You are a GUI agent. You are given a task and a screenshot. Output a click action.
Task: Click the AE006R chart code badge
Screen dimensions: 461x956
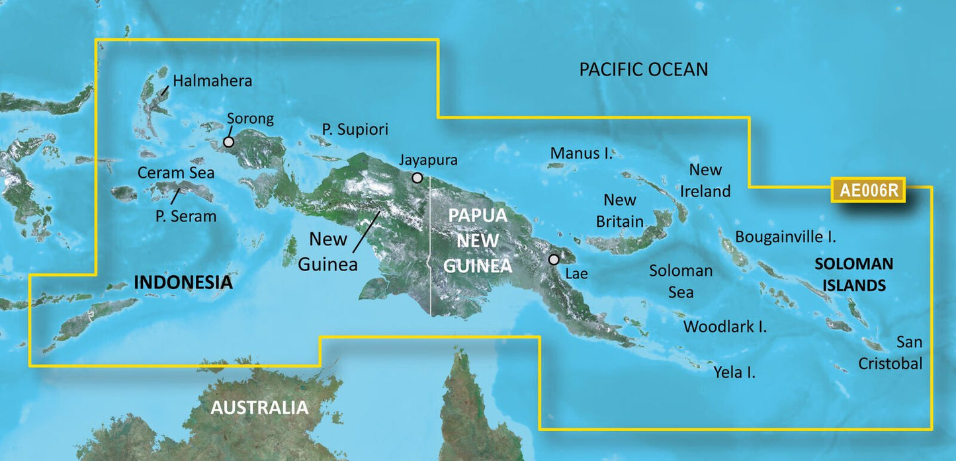(869, 190)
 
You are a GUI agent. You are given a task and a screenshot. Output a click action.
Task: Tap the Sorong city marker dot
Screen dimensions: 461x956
(228, 142)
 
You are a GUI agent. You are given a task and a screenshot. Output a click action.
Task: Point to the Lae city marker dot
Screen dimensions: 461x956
(554, 259)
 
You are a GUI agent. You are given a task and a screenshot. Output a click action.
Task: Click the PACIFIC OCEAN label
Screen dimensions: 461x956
(643, 69)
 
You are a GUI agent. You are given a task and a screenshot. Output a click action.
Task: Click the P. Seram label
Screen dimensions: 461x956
(187, 216)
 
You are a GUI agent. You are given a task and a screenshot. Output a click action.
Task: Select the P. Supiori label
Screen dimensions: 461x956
(355, 129)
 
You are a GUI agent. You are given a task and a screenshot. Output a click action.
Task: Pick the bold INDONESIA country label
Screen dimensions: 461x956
(183, 282)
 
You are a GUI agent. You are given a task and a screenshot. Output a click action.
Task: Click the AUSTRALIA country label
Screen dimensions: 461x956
(259, 407)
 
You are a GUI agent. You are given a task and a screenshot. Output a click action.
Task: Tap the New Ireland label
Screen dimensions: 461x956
(706, 181)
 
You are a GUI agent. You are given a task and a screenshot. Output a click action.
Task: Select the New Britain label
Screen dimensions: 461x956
(620, 211)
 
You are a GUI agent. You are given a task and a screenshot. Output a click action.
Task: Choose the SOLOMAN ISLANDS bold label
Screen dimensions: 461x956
(853, 274)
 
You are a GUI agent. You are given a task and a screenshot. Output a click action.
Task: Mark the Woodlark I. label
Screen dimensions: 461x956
(725, 326)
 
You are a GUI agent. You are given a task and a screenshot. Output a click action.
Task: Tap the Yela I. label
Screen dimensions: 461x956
(734, 372)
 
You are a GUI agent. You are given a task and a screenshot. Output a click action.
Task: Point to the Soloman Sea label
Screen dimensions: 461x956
(681, 280)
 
